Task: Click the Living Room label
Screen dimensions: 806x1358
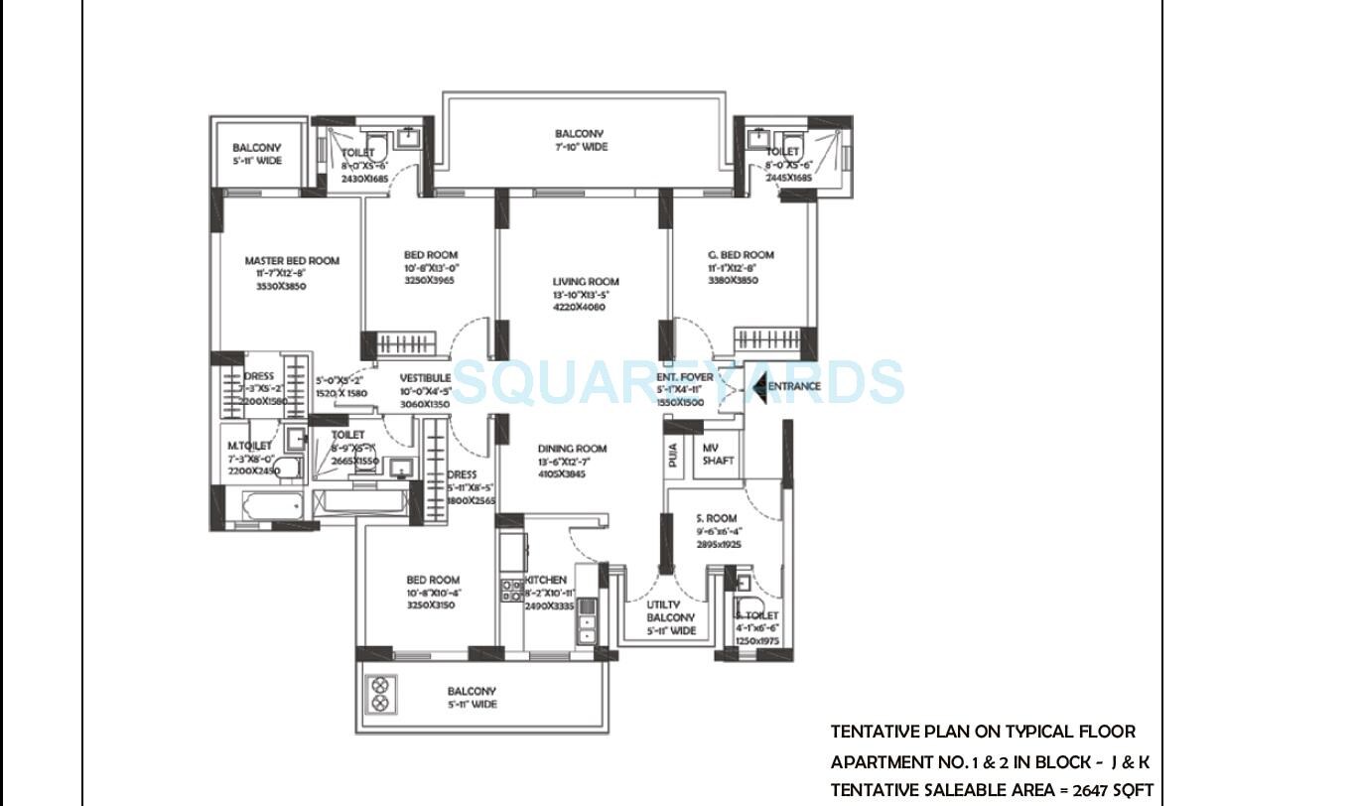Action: pos(586,281)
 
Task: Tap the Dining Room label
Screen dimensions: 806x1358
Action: pos(572,449)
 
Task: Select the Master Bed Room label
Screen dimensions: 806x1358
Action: pos(292,261)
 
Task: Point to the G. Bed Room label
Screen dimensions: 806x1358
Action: pos(741,255)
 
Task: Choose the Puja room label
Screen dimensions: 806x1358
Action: pos(674,456)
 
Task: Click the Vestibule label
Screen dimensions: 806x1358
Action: pos(425,378)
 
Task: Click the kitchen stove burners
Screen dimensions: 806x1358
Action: pos(511,592)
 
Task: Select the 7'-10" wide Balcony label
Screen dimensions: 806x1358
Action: pos(579,134)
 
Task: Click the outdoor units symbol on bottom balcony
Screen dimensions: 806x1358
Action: pos(380,694)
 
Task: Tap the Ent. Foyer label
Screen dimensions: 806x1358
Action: pos(685,377)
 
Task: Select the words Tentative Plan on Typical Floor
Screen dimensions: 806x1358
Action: pos(982,732)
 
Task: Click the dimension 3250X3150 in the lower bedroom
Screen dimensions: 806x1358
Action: pos(431,604)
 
